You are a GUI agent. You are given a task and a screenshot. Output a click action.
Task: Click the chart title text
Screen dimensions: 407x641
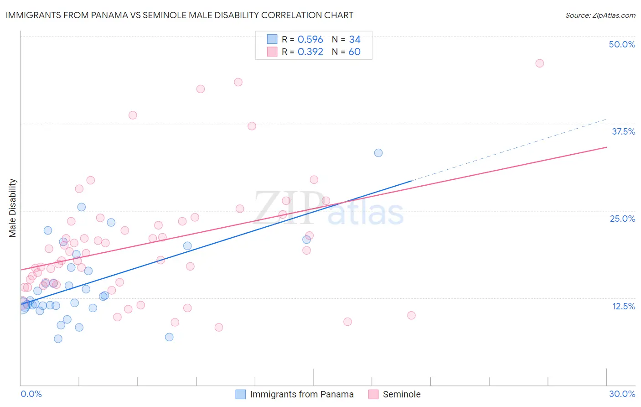[180, 15]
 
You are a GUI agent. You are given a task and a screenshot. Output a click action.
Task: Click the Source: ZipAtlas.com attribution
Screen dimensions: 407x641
[600, 16]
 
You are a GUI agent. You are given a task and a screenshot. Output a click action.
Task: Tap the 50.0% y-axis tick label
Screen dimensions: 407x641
[622, 44]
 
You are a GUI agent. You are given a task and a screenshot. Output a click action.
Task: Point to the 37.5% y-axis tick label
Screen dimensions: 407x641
[623, 131]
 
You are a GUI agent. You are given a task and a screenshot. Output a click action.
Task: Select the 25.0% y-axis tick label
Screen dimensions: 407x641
[622, 219]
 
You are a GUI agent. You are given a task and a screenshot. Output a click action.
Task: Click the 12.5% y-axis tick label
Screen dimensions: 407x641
[623, 306]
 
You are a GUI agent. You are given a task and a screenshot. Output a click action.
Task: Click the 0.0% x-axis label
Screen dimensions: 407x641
[31, 394]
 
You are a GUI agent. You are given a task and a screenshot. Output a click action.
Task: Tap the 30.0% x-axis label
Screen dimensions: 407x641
[622, 394]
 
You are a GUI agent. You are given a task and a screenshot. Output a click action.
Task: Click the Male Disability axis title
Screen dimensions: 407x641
[13, 208]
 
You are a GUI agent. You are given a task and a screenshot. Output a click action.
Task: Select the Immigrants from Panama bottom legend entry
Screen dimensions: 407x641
[301, 394]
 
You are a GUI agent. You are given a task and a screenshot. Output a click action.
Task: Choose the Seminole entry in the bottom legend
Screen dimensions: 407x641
[401, 394]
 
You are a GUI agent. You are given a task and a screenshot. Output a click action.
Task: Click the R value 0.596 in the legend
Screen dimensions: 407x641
[310, 39]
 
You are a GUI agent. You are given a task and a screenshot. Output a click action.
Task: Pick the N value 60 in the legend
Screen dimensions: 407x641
[354, 52]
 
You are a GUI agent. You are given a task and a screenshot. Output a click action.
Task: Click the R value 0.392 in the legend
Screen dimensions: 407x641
[310, 52]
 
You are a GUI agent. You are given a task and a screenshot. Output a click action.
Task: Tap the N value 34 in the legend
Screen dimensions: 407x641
[354, 39]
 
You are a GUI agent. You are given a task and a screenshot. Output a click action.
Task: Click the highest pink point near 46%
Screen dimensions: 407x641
[539, 63]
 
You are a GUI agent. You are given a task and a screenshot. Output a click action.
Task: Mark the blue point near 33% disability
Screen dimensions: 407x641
[378, 153]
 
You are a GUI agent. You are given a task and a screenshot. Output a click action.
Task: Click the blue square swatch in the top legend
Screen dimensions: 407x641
[272, 39]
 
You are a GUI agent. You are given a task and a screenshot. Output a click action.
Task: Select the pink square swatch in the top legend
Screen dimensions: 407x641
[272, 52]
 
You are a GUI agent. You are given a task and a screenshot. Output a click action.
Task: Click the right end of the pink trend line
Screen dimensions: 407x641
[606, 147]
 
